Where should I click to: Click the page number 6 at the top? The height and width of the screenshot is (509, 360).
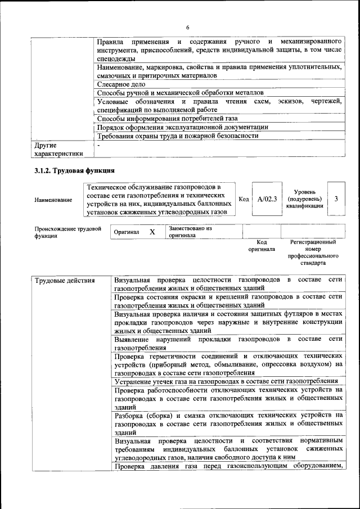point(188,28)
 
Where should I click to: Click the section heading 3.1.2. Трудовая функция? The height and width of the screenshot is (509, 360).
point(75,170)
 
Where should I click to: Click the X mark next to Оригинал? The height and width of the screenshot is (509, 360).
point(152,232)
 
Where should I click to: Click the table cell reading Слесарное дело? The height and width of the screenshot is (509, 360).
point(121,84)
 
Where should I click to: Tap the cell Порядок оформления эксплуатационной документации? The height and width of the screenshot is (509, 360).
point(182,127)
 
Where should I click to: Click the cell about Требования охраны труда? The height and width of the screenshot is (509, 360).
point(178,136)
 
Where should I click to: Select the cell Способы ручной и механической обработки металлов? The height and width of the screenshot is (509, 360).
point(180,92)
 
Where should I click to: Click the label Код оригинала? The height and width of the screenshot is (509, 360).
point(262,245)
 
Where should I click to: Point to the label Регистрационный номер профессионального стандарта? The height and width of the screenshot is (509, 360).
point(313,252)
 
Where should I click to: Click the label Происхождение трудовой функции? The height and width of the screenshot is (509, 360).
point(67,232)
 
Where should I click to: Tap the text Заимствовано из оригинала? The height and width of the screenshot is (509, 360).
point(190,232)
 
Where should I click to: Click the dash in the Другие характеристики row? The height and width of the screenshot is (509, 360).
point(98,145)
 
